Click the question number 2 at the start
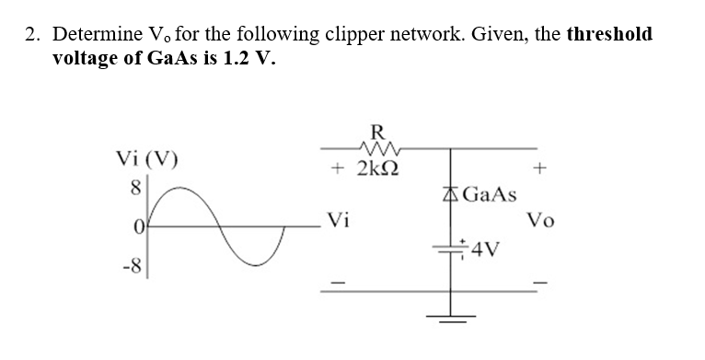point(31,35)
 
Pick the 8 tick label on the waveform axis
point(141,188)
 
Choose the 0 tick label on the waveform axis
point(141,226)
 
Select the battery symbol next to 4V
point(451,248)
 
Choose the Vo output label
point(540,221)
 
